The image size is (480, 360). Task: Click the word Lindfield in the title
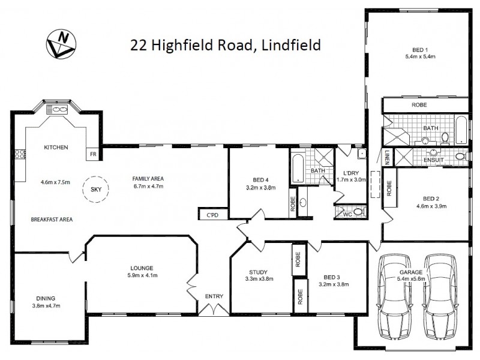[x=289, y=45]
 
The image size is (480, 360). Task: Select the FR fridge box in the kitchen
[x=93, y=154]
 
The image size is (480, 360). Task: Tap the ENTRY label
[x=214, y=296]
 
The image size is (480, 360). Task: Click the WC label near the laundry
[x=346, y=212]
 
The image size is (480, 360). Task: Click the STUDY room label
[x=258, y=272]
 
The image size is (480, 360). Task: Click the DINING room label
[x=45, y=298]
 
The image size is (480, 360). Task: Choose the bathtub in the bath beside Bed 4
[x=298, y=170]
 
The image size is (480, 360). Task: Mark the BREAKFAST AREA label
[x=52, y=220]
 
